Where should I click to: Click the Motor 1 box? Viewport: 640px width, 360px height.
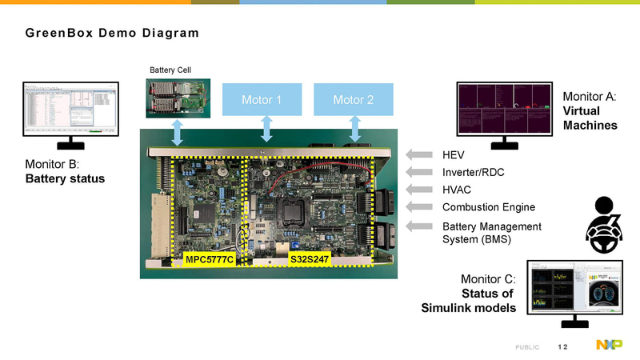tap(262, 100)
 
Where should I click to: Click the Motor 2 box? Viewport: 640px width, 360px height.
tap(354, 100)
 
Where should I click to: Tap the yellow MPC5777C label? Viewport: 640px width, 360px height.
tap(209, 260)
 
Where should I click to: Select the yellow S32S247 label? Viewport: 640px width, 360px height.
tap(310, 260)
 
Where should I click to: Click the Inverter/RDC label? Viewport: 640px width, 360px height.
tap(473, 172)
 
